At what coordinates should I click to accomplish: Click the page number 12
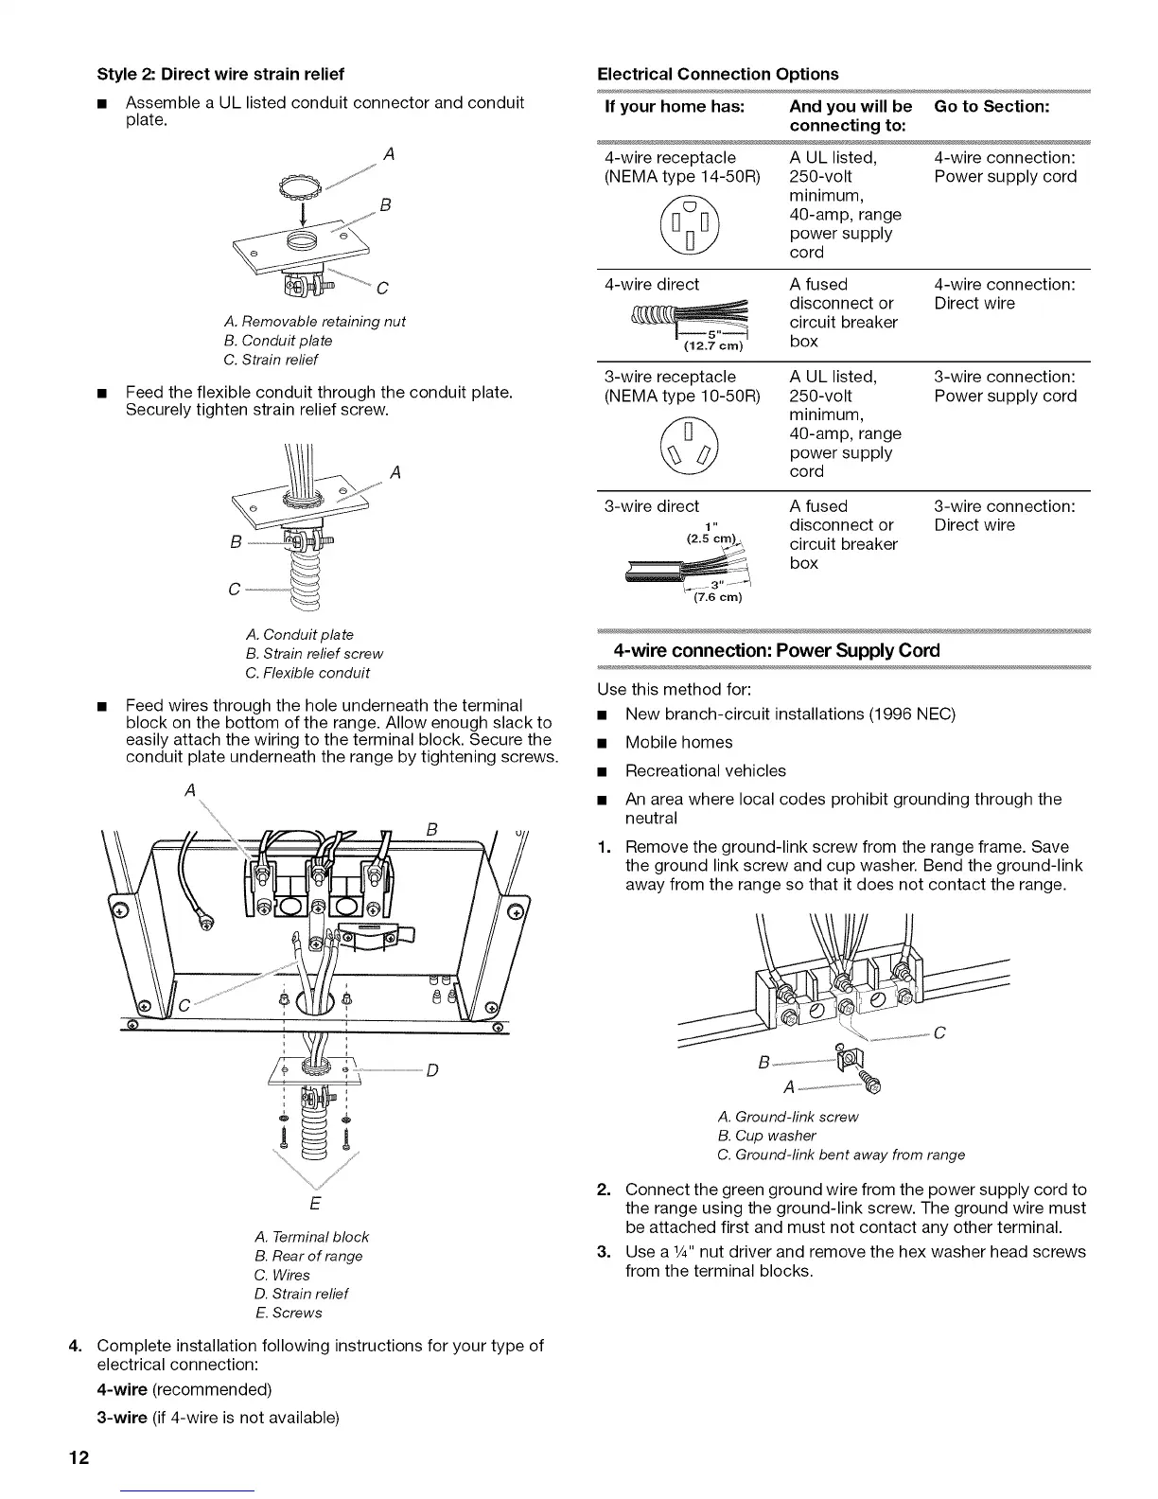click(x=78, y=1457)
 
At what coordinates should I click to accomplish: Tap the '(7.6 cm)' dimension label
click(x=716, y=597)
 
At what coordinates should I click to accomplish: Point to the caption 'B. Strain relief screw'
click(x=314, y=653)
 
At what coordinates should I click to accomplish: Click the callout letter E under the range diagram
click(x=315, y=1204)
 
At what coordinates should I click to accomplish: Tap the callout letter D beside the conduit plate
click(x=431, y=1070)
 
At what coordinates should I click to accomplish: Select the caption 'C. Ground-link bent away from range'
click(x=842, y=1155)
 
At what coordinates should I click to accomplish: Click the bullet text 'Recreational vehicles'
click(x=705, y=770)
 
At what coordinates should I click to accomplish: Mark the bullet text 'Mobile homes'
click(x=678, y=742)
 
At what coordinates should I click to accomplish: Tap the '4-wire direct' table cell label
click(x=651, y=284)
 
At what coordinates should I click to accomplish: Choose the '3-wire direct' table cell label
click(x=651, y=506)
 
